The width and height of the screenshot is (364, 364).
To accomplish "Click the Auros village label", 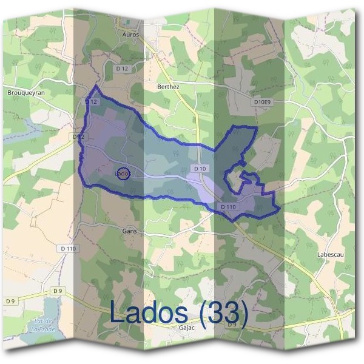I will pos(130,35).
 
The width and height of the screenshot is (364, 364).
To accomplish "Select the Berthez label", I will pos(168,87).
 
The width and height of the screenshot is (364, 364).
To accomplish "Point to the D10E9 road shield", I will pos(261,103).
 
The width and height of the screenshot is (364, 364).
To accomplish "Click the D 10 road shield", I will pos(201,168).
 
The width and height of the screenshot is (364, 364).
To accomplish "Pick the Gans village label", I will pos(129,231).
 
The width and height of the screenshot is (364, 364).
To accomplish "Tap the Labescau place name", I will pos(330,254).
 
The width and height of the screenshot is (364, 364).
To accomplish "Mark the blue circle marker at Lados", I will pos(123,174).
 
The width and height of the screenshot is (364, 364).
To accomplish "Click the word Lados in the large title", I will pos(155,312).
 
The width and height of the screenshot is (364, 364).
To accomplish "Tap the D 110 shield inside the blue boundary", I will pos(228,207).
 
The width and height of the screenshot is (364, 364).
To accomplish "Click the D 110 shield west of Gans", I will pos(69,248).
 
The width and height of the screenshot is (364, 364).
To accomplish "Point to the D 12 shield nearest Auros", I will pos(122,69).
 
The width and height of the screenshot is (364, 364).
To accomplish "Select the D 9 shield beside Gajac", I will pos(232,325).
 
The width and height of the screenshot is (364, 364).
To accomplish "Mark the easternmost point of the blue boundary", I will pos(280,209).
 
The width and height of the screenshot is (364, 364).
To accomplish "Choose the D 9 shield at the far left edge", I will pos(10,301).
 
